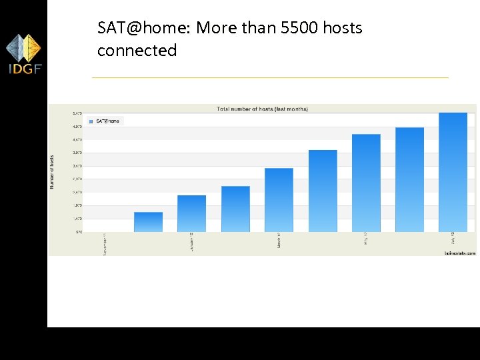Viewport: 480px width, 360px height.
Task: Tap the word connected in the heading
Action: (137, 51)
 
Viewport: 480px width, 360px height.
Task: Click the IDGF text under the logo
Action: (24, 69)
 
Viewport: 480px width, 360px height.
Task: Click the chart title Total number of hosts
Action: (262, 109)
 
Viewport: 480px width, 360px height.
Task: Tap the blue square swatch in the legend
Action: (91, 121)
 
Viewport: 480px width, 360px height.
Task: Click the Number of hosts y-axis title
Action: (53, 172)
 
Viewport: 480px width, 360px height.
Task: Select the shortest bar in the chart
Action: (148, 222)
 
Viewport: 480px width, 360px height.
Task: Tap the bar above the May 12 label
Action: (366, 183)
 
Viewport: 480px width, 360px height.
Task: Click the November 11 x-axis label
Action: (104, 244)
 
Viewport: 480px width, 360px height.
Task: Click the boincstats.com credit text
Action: (459, 253)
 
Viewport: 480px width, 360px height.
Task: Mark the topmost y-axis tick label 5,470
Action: (77, 113)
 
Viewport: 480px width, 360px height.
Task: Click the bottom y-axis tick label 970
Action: (78, 231)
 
